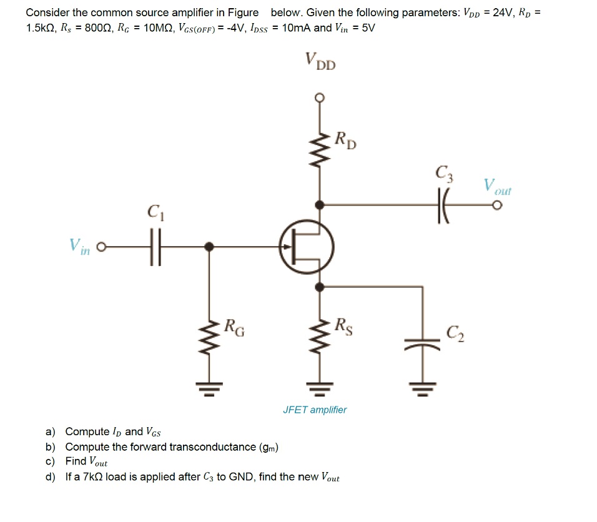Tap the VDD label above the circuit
[x=320, y=61]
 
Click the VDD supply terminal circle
[x=320, y=97]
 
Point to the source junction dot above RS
[x=320, y=287]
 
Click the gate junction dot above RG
[x=209, y=247]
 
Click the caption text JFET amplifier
[x=314, y=410]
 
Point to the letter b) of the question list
[x=50, y=446]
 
